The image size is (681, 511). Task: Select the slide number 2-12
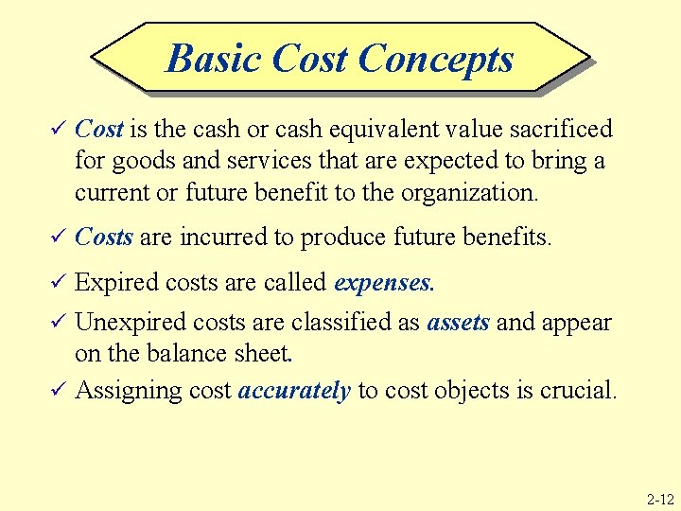[659, 498]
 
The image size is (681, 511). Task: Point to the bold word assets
[458, 322]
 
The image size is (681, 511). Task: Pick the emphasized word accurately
[295, 390]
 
